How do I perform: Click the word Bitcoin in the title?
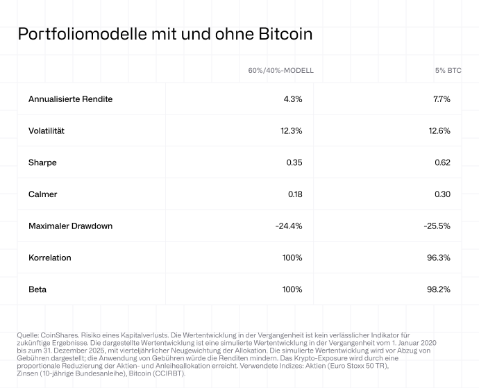coord(283,33)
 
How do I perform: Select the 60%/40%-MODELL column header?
coord(281,71)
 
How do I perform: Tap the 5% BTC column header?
coord(449,71)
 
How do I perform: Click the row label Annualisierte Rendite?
coord(70,99)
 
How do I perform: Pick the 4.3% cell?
coord(293,99)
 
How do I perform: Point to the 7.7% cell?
coord(442,99)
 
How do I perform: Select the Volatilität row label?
coord(51,130)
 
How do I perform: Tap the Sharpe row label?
coord(42,162)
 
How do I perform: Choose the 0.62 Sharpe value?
coord(442,162)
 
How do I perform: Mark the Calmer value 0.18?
coord(294,194)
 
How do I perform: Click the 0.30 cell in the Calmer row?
coord(442,194)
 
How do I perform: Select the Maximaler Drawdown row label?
coord(70,226)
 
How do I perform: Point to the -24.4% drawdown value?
coord(289,226)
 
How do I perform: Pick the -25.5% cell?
coord(437,226)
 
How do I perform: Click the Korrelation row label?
coord(50,258)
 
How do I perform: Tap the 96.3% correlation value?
coord(439,258)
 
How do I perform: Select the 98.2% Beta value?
coord(439,289)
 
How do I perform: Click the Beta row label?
coord(38,289)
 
